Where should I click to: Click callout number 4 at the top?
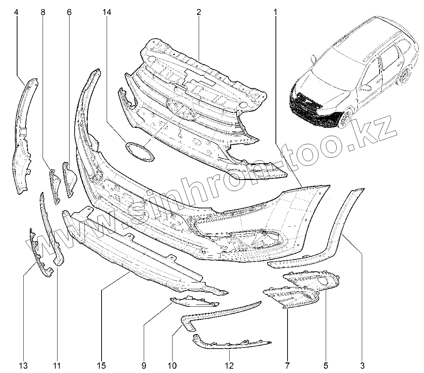pyautogui.click(x=16, y=12)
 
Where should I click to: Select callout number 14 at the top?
pyautogui.click(x=107, y=12)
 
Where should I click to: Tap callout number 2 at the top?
pyautogui.click(x=199, y=12)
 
